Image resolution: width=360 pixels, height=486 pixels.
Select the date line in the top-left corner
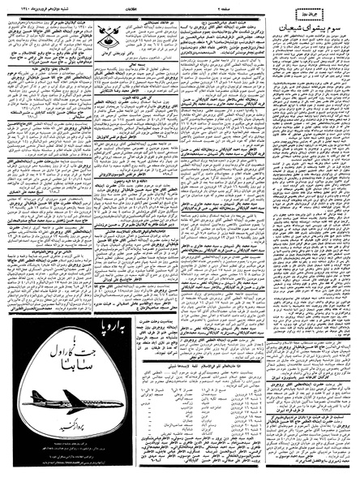coord(32,6)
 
